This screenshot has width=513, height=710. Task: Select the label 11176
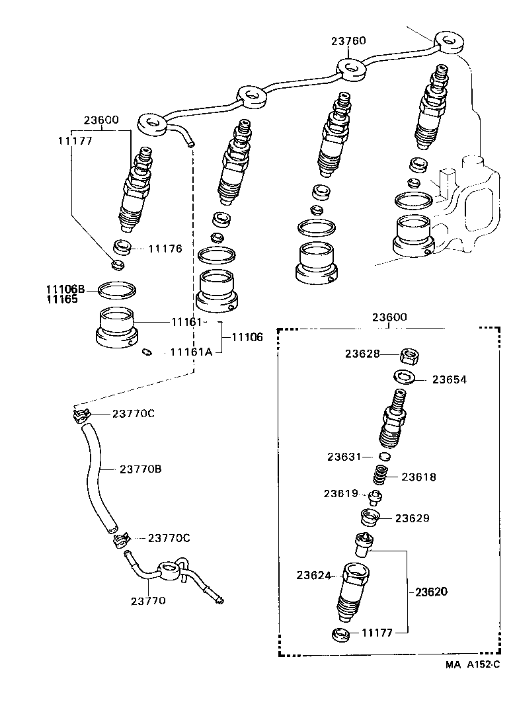pyautogui.click(x=165, y=249)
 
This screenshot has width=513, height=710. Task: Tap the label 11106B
pyautogui.click(x=65, y=289)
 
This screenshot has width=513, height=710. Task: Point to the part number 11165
pyautogui.click(x=61, y=299)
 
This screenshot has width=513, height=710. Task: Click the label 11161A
pyautogui.click(x=191, y=352)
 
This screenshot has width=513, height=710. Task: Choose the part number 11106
pyautogui.click(x=247, y=337)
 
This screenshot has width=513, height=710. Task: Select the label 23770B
pyautogui.click(x=141, y=469)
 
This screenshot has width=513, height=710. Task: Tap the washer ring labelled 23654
pyautogui.click(x=404, y=377)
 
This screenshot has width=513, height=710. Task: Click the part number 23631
pyautogui.click(x=344, y=456)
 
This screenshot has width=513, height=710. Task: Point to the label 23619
pyautogui.click(x=340, y=493)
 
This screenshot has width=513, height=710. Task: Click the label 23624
pyautogui.click(x=314, y=576)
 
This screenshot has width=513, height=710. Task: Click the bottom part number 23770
pyautogui.click(x=147, y=601)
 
